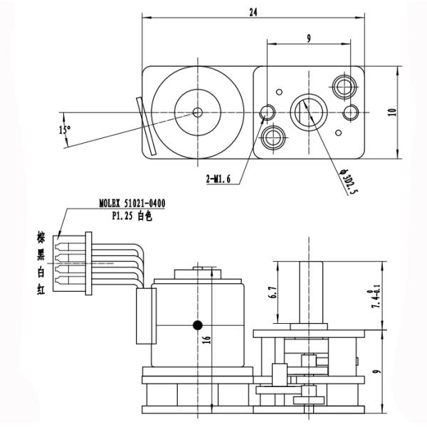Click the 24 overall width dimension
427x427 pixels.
click(253, 11)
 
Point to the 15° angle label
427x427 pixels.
click(65, 129)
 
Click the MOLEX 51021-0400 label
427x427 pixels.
click(132, 204)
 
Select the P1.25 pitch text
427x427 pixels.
click(125, 214)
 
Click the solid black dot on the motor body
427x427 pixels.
click(197, 325)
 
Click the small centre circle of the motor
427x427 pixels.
click(197, 112)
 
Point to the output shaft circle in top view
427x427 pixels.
click(307, 111)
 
